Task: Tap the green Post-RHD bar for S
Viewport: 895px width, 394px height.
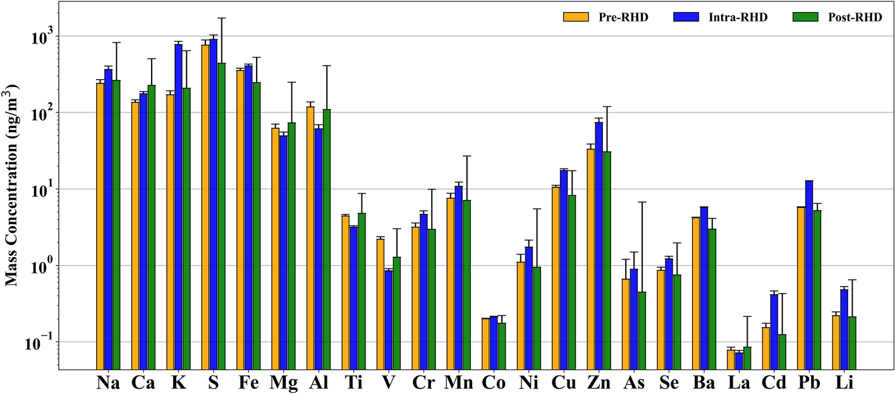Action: coord(221,215)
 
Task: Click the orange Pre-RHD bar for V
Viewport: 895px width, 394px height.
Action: coord(381,303)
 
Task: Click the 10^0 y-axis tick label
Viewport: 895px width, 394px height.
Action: coord(43,265)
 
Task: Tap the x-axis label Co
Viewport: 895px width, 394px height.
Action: coord(493,383)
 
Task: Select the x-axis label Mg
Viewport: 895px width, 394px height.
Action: coord(283,383)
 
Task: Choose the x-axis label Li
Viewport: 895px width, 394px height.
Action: coord(845,383)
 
